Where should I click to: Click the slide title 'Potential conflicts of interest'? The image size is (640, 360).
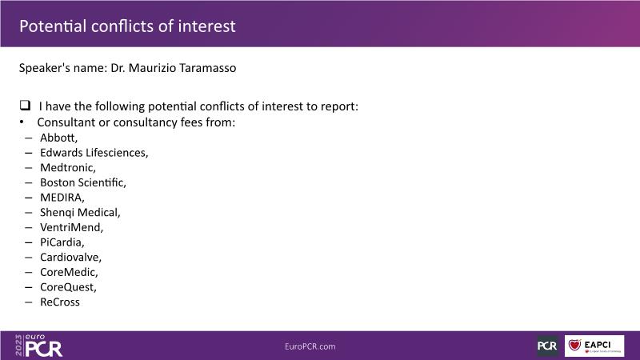click(x=127, y=26)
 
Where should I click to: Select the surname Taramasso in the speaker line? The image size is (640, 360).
click(x=208, y=68)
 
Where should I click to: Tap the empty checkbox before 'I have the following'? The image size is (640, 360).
click(x=25, y=106)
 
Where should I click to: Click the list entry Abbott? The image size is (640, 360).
click(x=58, y=138)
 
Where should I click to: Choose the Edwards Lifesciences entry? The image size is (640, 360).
click(x=94, y=153)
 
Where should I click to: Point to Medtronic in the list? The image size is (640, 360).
click(x=68, y=168)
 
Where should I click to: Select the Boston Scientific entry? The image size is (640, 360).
click(x=83, y=182)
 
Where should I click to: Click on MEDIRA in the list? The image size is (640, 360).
click(x=62, y=198)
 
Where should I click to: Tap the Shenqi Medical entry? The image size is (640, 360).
click(x=80, y=212)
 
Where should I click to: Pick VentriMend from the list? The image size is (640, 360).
click(x=71, y=227)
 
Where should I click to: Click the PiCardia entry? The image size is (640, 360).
click(x=62, y=242)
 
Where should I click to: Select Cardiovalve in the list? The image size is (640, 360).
click(x=70, y=257)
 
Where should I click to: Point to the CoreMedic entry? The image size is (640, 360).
click(x=69, y=272)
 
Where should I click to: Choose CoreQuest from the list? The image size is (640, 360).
click(x=68, y=287)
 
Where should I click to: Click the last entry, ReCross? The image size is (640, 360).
click(x=59, y=302)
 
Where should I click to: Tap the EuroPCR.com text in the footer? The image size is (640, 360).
click(x=310, y=346)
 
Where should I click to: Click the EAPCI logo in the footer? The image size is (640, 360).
click(x=594, y=346)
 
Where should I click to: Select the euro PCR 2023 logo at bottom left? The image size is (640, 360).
click(x=38, y=346)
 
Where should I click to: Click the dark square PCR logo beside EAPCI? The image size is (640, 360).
click(x=547, y=346)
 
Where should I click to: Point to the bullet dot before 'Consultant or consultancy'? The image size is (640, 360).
click(x=22, y=122)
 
